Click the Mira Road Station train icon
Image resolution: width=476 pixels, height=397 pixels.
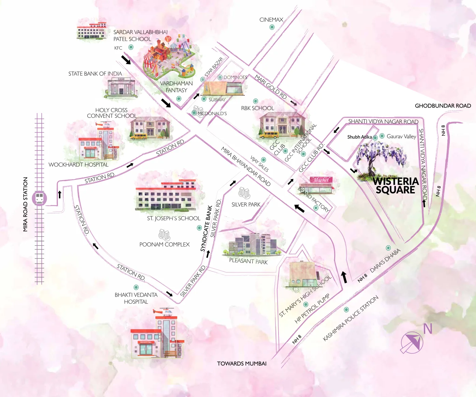coord(40,198)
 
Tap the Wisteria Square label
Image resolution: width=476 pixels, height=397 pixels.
coord(396,186)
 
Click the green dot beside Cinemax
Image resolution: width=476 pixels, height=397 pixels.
coord(272,27)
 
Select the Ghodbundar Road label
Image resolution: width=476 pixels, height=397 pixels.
coord(443,106)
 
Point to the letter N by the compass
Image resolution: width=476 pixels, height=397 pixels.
coord(428,329)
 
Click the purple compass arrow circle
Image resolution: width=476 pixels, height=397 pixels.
coord(412,343)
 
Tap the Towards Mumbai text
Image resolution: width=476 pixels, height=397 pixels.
coord(242,364)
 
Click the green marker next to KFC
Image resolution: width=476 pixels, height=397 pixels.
coord(131,47)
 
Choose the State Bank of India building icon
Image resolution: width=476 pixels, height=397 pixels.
coord(121,87)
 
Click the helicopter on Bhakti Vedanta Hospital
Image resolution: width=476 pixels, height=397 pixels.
coord(164,311)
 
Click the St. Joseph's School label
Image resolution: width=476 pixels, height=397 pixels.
coord(174,218)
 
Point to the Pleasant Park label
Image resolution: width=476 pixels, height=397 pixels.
coord(248,261)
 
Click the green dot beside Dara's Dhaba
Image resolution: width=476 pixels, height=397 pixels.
coord(388,248)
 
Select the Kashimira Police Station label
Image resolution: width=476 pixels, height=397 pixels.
coord(351,319)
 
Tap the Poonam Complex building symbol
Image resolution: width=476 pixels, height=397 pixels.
coord(164,235)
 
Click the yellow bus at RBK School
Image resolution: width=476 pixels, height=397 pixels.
coord(269,135)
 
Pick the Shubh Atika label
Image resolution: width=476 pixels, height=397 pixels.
coord(359,137)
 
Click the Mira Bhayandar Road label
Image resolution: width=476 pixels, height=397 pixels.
coord(246,166)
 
